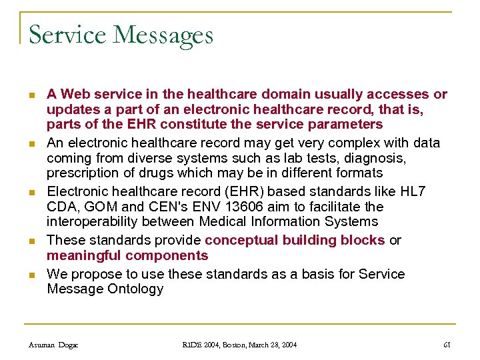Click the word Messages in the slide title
(163, 35)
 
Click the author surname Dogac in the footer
(68, 345)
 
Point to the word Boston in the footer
(236, 345)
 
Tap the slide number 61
(447, 345)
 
